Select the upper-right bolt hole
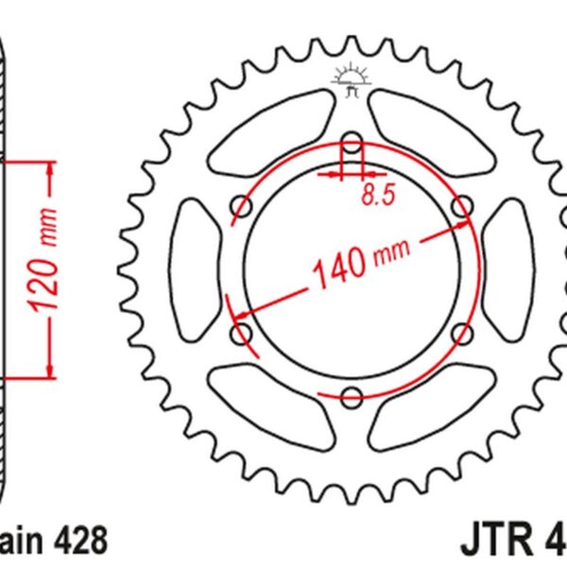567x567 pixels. tap(462, 206)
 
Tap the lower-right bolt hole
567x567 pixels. tap(462, 333)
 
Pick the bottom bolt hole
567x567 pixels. tap(352, 397)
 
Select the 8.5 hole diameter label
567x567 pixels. tap(373, 196)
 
